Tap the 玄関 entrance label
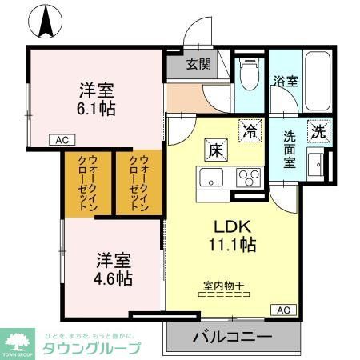(x=199, y=66)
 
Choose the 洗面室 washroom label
(x=290, y=148)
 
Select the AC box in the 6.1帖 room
(x=60, y=139)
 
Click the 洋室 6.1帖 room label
(x=96, y=98)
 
